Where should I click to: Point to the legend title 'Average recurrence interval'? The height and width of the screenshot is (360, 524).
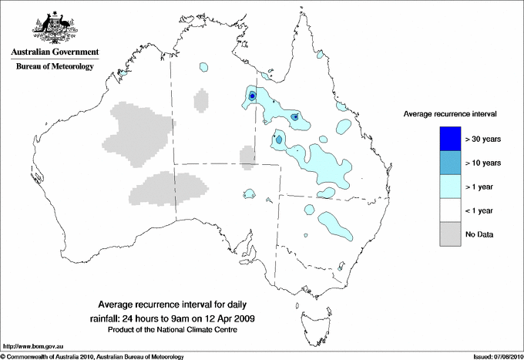pos(450,113)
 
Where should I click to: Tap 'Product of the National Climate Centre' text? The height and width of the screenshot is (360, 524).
pos(179,330)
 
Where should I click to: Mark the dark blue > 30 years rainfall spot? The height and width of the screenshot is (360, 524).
pos(252,96)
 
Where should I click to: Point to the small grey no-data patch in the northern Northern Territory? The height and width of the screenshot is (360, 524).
pos(202,100)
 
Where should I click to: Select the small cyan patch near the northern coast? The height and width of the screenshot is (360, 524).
pos(204,67)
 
